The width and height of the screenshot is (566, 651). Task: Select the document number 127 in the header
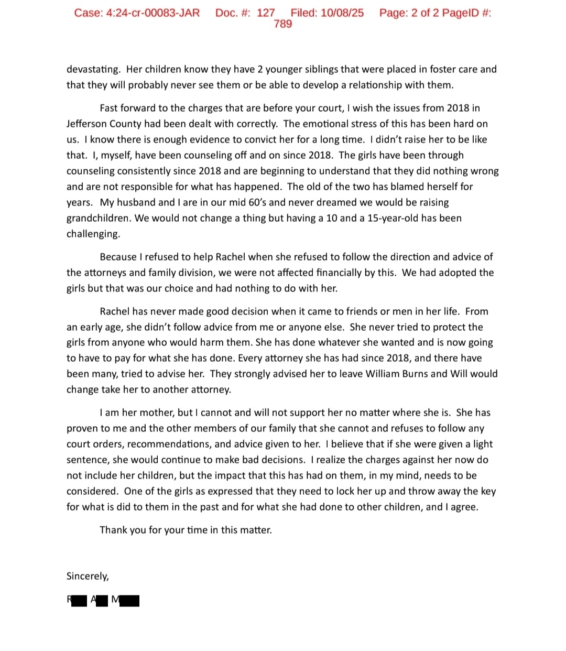coord(266,13)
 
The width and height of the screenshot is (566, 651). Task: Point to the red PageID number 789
coord(282,24)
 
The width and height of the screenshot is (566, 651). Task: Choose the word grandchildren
coord(99,218)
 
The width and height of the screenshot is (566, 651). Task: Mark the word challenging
coord(93,234)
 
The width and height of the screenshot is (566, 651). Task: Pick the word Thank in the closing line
coord(113,530)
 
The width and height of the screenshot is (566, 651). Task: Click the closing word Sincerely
coord(88,576)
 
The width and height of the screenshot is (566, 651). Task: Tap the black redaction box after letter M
coord(129,601)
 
